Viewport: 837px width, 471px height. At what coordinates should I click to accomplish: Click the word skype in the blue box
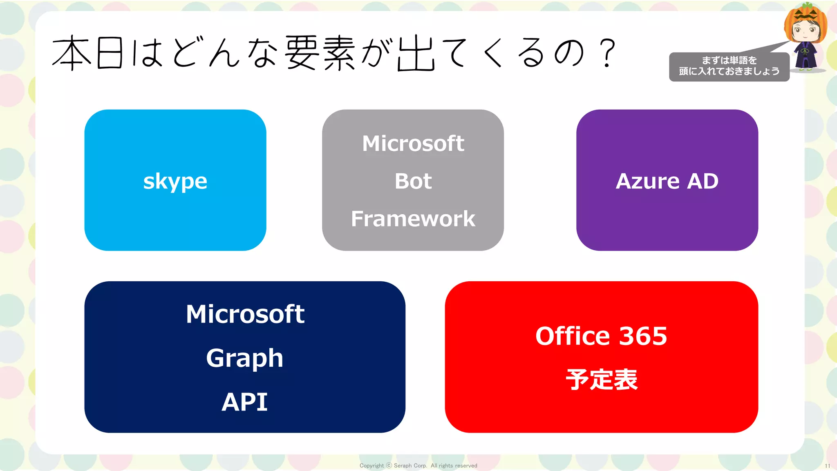point(175,181)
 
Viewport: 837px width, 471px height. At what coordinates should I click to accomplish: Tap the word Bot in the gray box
point(413,181)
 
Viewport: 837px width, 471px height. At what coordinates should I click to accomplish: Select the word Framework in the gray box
point(413,219)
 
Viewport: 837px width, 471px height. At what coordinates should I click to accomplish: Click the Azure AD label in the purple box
point(667,181)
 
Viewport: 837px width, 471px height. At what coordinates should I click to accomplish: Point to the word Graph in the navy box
point(244,358)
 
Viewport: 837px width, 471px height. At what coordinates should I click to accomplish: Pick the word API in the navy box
point(244,402)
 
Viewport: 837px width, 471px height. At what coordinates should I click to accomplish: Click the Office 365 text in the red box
point(601,336)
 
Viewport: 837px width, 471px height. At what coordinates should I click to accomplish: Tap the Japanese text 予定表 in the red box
point(601,379)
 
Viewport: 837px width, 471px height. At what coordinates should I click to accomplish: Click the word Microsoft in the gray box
point(413,144)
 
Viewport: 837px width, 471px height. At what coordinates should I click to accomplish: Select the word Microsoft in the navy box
point(245,314)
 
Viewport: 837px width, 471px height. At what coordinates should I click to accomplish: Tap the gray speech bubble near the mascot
point(729,67)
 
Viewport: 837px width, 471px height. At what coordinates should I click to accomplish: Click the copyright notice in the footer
point(418,465)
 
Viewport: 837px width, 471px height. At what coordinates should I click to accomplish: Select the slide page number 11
point(827,466)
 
